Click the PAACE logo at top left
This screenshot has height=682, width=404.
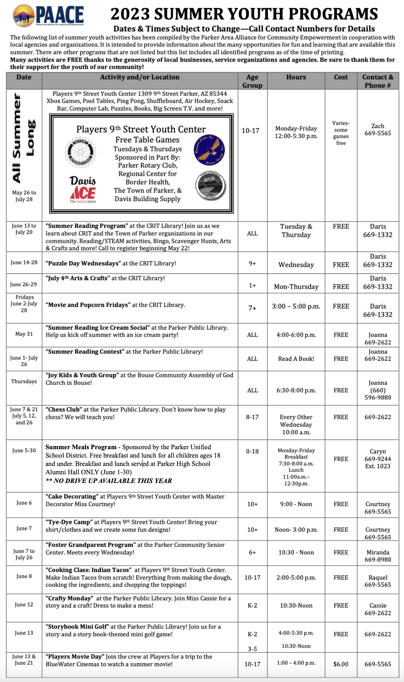coord(48,15)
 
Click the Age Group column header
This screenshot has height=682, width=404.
coord(252,81)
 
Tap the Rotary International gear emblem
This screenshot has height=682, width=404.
coord(81,151)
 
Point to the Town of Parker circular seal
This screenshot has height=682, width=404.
coord(210,186)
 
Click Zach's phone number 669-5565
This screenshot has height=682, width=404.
coord(378,133)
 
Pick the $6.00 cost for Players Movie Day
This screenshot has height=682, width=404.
coord(341,664)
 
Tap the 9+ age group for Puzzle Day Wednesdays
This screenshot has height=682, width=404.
coord(252,263)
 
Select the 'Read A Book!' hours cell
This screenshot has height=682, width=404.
coord(296,359)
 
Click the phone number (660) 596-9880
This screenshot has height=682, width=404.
coord(378,394)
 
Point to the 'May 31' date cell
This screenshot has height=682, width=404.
coord(24,334)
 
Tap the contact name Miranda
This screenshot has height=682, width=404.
coord(378,552)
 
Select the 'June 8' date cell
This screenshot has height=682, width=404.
coord(24,576)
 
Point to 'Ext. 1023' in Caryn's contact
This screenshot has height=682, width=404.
coord(378,466)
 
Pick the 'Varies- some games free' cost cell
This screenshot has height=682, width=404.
coord(341,133)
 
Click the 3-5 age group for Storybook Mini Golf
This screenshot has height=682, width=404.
coord(252,649)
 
